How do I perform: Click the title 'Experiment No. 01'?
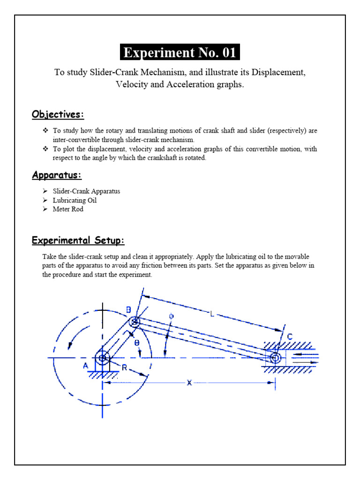(x=180, y=52)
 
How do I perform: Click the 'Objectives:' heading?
(x=58, y=114)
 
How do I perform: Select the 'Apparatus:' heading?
(x=56, y=175)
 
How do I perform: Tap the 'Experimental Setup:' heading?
(x=78, y=240)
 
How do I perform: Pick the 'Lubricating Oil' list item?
(x=75, y=200)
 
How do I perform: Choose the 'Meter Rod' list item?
(x=68, y=209)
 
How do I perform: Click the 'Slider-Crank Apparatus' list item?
(x=86, y=191)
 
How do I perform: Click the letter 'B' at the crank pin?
(x=128, y=309)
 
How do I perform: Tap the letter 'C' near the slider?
(x=290, y=337)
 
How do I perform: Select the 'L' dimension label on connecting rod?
(x=212, y=315)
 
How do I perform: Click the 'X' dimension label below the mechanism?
(x=189, y=383)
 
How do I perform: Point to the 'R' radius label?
(x=124, y=368)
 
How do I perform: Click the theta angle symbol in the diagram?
(x=137, y=343)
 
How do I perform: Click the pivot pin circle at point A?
(x=102, y=359)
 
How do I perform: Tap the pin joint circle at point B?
(x=135, y=322)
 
